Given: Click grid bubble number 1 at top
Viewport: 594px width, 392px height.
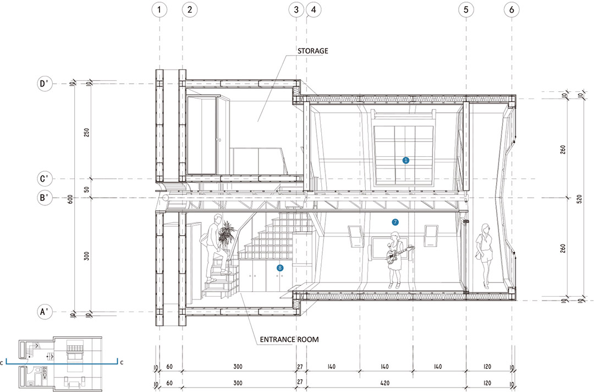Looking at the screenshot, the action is pos(159,9).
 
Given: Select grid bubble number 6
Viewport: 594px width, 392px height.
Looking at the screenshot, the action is pos(512,9).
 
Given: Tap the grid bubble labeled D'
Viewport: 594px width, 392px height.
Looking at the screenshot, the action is pos(45,83).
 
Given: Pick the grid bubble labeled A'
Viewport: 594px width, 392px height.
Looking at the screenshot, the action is pos(45,312).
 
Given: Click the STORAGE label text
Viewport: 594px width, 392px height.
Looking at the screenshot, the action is pos(312,51).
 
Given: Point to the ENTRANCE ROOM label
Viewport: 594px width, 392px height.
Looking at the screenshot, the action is pos(289,339).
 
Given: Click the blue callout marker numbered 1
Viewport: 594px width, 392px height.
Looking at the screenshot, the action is pos(406,160).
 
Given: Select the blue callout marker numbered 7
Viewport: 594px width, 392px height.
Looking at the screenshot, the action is pos(395,222).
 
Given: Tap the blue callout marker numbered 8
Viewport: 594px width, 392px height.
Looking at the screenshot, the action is pos(280,268).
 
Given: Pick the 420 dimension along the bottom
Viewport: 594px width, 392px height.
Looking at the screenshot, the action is pos(384,383).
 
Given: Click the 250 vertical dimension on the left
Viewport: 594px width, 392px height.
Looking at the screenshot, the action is pos(87,132).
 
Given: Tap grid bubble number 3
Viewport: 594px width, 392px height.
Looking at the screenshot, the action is pos(296,9).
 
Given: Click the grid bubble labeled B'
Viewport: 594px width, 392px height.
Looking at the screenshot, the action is pos(45,198).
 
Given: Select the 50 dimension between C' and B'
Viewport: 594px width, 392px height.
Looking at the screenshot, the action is pos(87,189).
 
